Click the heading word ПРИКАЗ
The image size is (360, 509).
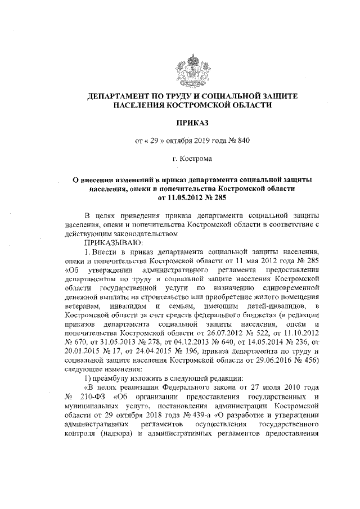click(185, 121)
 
